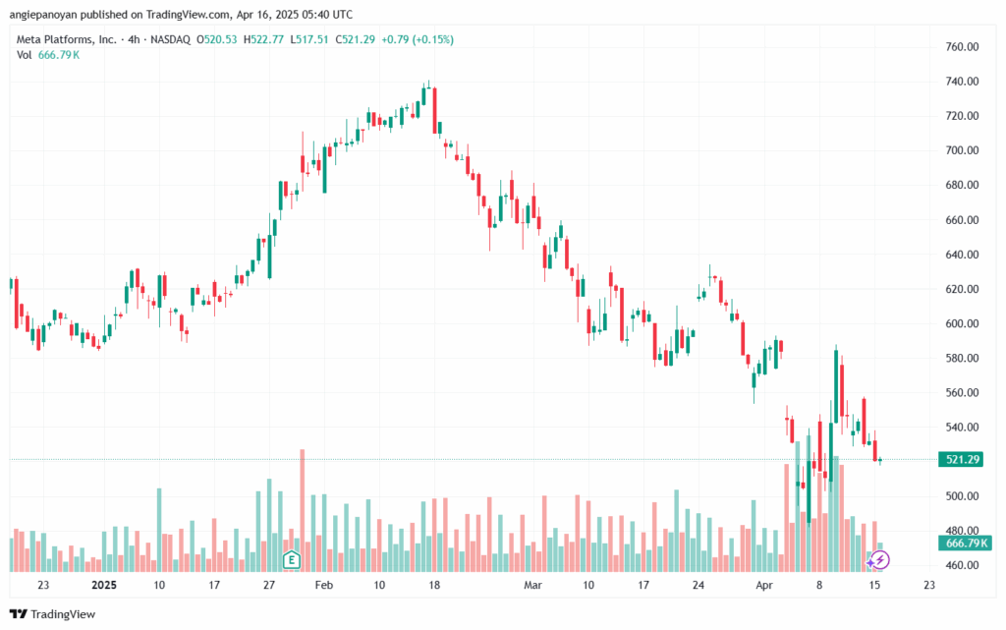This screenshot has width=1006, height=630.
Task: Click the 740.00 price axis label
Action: coord(962,82)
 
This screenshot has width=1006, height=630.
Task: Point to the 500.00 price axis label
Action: coord(962,496)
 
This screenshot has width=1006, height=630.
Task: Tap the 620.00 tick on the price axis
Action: coord(962,289)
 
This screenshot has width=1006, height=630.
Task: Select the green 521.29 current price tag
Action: coord(961,459)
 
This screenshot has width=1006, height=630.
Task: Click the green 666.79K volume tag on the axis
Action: coord(965,544)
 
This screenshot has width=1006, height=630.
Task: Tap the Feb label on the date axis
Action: coord(324,585)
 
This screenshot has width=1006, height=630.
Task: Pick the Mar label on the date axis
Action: coord(532,585)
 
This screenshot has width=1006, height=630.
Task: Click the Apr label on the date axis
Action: coord(763,585)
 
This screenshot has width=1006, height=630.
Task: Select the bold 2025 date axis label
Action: coord(104,585)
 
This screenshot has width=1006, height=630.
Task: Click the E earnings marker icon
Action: coord(291,559)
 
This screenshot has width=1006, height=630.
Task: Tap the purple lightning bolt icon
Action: coord(879,560)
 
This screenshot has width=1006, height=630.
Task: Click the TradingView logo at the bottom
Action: coord(53,614)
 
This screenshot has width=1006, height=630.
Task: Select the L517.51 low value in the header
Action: coord(309,39)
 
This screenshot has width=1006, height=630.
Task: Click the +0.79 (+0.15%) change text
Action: coord(417,39)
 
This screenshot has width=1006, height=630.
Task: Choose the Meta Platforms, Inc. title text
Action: coord(67,39)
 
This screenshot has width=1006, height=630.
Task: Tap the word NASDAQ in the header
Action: coord(170,39)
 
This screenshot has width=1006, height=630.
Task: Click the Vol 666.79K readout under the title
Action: coord(48,55)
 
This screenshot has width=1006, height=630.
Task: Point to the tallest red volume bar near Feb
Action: coord(303,510)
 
